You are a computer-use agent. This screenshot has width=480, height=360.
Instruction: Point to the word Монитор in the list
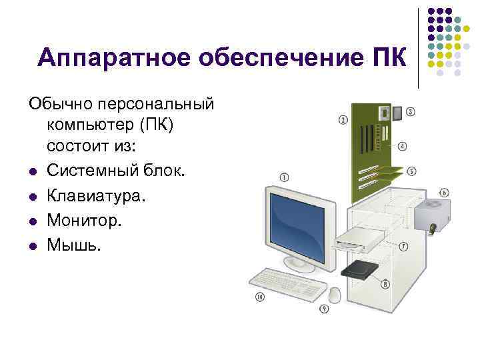(85, 221)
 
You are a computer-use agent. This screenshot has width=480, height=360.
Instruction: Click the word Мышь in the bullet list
(74, 245)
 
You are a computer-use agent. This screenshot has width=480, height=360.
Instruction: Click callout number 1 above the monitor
(285, 177)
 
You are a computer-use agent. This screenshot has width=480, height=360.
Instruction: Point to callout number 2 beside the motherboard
(343, 120)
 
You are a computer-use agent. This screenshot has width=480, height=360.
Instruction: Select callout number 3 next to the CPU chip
(410, 112)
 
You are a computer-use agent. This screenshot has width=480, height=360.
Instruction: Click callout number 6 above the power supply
(444, 193)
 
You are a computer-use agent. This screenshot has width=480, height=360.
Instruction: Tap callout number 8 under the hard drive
(385, 285)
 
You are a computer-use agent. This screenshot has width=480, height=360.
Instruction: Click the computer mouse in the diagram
(335, 293)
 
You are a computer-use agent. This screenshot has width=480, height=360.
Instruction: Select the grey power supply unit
(431, 215)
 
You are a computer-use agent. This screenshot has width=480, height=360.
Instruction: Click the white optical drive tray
(360, 239)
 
